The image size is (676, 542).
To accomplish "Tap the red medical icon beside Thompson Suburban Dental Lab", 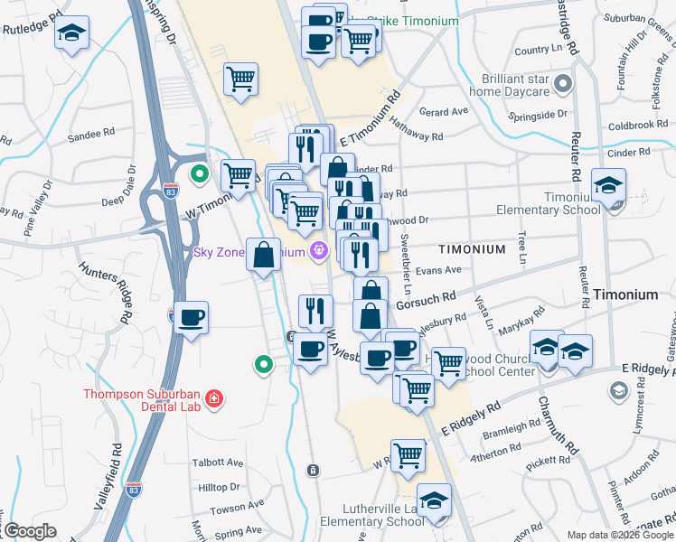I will click(x=213, y=398).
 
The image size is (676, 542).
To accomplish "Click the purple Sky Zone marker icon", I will click(x=317, y=251).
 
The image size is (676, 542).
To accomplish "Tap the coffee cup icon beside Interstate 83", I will click(x=191, y=318).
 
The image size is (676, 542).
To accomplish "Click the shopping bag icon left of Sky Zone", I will click(x=263, y=256).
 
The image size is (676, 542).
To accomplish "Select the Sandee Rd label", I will click(x=97, y=132).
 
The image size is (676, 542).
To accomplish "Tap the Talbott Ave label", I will click(x=218, y=463).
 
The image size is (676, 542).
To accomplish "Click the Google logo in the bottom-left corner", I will click(x=29, y=531).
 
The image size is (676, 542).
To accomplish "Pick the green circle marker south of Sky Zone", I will click(x=263, y=364).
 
